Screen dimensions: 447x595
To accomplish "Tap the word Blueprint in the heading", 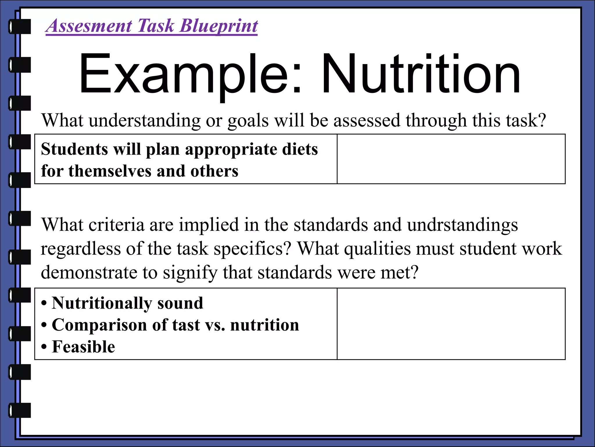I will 219,26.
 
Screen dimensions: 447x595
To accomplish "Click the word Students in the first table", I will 74,149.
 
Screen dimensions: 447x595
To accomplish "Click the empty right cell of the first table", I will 451,159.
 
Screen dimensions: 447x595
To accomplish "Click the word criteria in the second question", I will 116,225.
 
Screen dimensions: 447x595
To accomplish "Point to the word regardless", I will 81,249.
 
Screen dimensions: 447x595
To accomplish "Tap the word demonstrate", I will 89,273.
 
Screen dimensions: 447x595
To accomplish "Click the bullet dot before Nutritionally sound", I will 44,304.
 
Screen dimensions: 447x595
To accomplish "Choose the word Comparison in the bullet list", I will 99,325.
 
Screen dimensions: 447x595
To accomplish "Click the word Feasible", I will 83,347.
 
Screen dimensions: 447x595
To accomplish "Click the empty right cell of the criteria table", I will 451,324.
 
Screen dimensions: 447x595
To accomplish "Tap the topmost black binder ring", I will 20,26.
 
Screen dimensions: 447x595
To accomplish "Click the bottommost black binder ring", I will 20,410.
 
